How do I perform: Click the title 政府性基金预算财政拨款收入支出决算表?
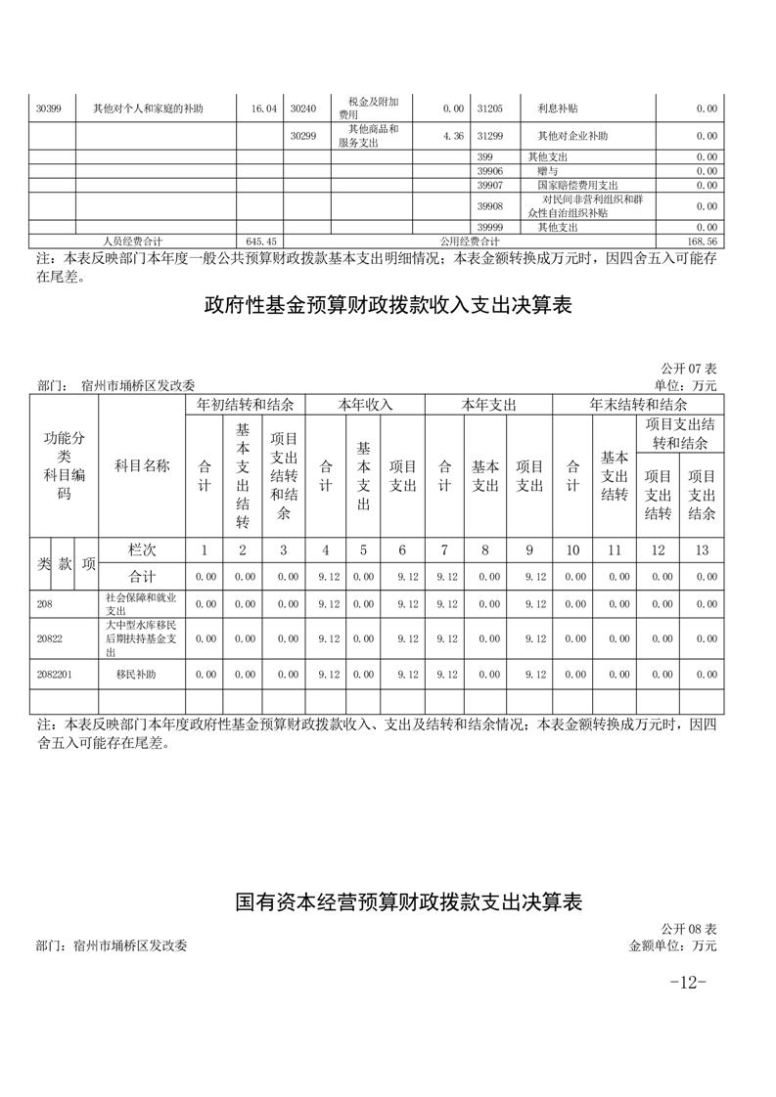pos(388,306)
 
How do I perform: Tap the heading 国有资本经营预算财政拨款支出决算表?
pos(409,902)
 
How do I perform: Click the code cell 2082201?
pos(55,675)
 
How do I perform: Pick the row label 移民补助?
pos(136,675)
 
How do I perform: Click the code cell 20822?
pos(49,638)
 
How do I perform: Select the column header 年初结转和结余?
pos(246,404)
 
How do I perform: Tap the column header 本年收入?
pos(365,404)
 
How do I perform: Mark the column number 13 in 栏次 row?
pos(702,550)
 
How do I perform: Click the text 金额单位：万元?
pos(673,945)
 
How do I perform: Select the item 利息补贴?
pos(557,109)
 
